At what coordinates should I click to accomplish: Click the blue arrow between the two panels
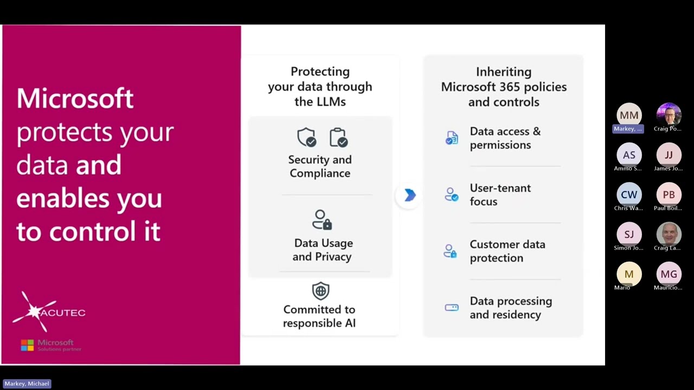tap(410, 195)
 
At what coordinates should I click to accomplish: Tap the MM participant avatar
tap(629, 115)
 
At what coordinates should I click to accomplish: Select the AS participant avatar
tap(629, 155)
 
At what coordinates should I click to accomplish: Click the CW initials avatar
tap(629, 194)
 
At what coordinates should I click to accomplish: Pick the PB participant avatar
tap(669, 194)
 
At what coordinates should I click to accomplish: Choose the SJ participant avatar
tap(629, 234)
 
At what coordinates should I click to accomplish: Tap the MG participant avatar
tap(669, 274)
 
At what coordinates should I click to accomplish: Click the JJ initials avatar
tap(669, 155)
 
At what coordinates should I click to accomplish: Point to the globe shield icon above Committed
tap(320, 291)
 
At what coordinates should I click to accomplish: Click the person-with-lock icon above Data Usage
tap(322, 220)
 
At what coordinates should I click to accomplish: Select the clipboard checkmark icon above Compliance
tap(338, 138)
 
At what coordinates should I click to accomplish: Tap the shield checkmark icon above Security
tap(307, 138)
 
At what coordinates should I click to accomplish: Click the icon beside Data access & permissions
tap(452, 138)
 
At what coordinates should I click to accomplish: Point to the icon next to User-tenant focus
tap(451, 194)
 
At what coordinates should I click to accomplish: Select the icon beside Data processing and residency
tap(452, 308)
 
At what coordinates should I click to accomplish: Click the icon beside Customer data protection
tap(451, 251)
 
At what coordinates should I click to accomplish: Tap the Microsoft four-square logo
tap(27, 345)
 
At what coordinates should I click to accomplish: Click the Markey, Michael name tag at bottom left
tap(27, 383)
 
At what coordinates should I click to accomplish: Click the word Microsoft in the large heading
tap(75, 99)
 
